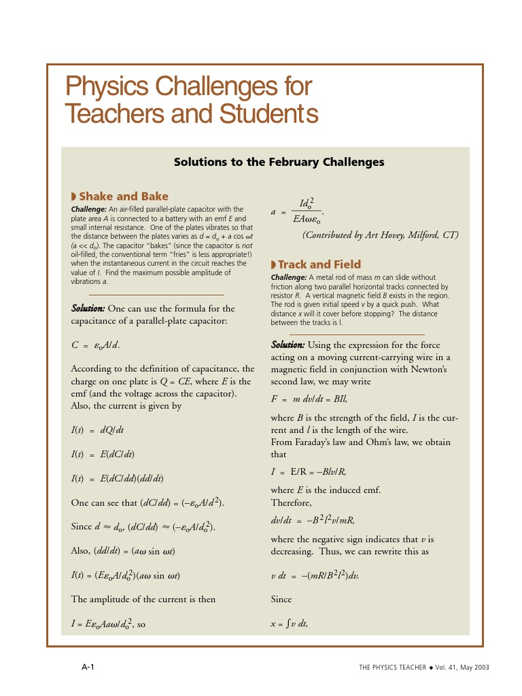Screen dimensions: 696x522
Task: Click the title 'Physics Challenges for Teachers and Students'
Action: [x=191, y=101]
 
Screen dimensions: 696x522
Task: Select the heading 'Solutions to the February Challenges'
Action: [x=279, y=162]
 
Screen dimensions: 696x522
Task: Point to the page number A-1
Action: [x=88, y=667]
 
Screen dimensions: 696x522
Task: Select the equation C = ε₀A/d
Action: [x=96, y=345]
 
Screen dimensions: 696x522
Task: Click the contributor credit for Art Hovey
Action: [x=380, y=235]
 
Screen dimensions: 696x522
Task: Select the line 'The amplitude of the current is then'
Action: [x=143, y=599]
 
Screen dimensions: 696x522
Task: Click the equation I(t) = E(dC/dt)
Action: [x=107, y=453]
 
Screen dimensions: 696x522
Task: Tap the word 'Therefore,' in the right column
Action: [x=291, y=503]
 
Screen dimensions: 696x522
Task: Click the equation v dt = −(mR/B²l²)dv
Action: [x=314, y=576]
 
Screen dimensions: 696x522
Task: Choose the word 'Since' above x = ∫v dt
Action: [x=281, y=599]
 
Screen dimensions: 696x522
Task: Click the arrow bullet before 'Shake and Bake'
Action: [x=75, y=196]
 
